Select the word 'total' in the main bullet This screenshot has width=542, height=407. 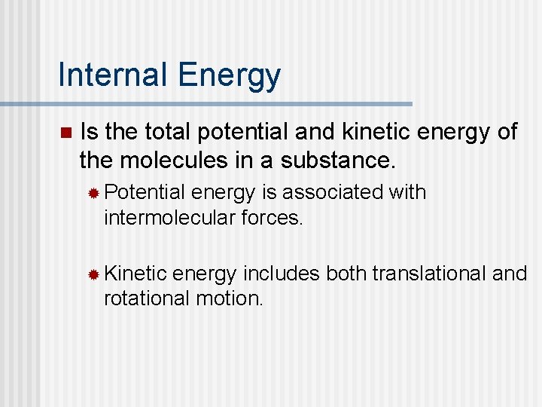(x=168, y=132)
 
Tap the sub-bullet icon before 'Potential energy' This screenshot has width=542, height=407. (x=93, y=194)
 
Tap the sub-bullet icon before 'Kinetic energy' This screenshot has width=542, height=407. (x=93, y=274)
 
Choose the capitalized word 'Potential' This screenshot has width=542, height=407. (x=145, y=193)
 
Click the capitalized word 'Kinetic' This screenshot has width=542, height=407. (x=135, y=274)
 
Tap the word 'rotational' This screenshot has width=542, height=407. (x=147, y=298)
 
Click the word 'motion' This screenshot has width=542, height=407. (x=228, y=298)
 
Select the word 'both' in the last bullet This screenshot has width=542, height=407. (x=346, y=274)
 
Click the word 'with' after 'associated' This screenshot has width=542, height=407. (x=407, y=193)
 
